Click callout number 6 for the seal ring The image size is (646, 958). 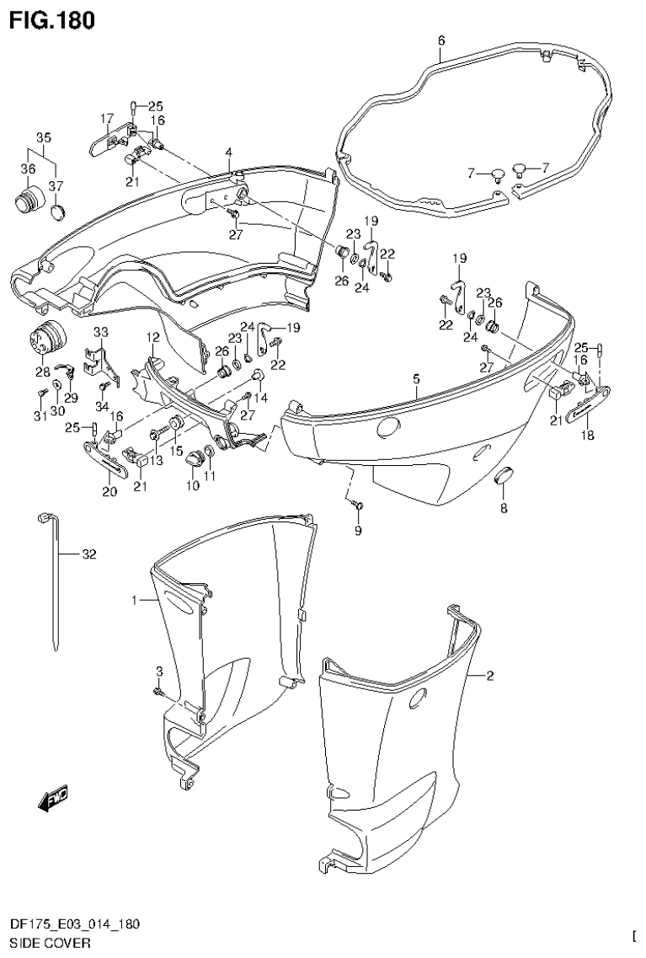click(441, 40)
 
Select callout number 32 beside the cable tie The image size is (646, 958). click(90, 554)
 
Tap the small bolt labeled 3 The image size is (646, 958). click(158, 692)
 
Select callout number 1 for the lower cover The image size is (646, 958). click(135, 600)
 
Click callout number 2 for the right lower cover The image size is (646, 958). click(490, 676)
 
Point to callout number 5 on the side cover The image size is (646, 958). click(416, 380)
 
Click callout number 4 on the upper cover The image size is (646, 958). click(227, 152)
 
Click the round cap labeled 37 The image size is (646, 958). click(56, 210)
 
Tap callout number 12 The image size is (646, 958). click(152, 337)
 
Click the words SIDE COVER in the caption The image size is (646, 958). click(42, 943)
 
